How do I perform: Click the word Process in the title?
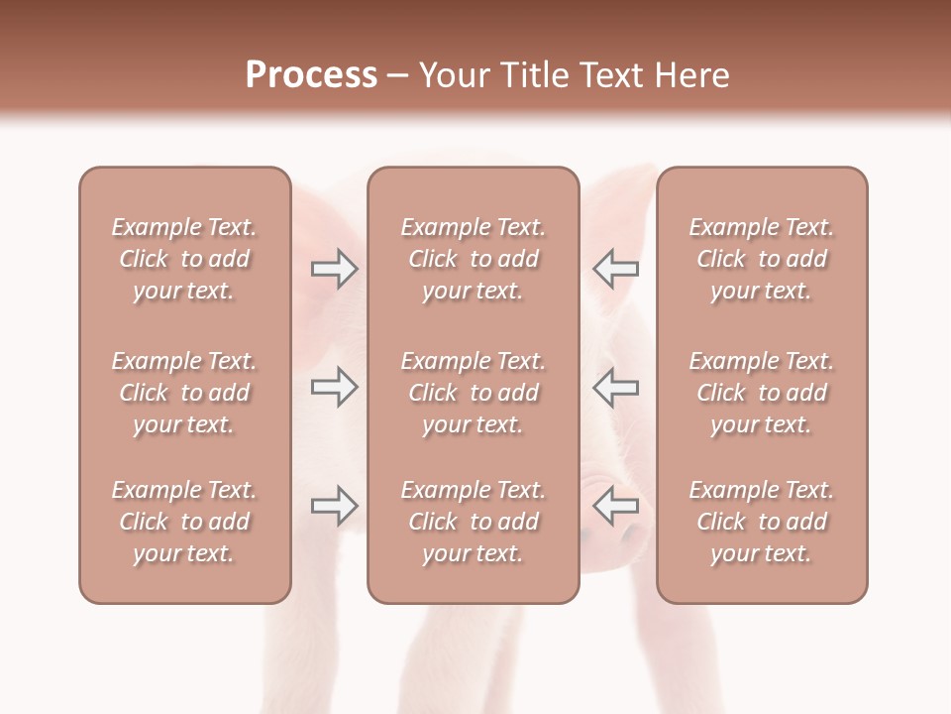click(311, 74)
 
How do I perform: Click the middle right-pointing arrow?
click(334, 387)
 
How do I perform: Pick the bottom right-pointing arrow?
click(334, 507)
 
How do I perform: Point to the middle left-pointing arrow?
click(616, 387)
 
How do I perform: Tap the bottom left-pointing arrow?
click(616, 507)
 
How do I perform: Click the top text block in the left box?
click(184, 259)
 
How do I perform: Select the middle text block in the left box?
click(184, 393)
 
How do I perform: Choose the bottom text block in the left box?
click(184, 522)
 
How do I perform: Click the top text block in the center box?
click(473, 259)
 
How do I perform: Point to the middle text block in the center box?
click(473, 393)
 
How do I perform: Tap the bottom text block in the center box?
click(473, 522)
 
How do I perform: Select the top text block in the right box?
click(761, 259)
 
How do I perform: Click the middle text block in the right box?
click(761, 393)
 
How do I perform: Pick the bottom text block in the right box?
click(761, 522)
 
